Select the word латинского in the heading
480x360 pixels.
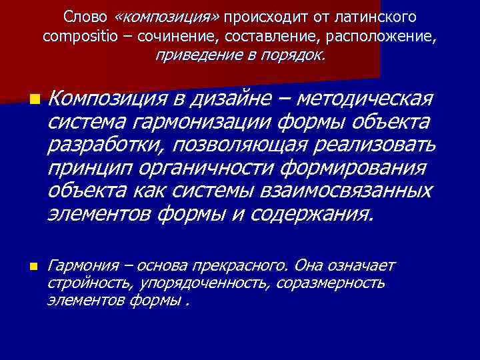[379, 16]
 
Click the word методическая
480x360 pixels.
[365, 100]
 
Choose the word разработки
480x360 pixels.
[107, 146]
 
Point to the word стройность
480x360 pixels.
[89, 283]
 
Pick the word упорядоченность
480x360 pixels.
[203, 283]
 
